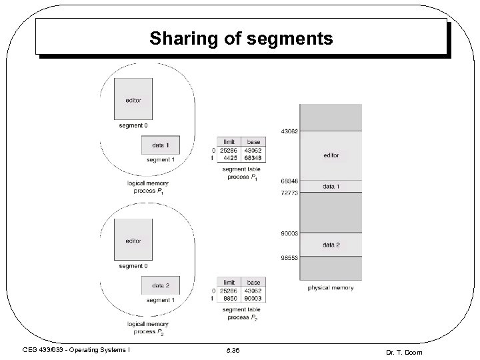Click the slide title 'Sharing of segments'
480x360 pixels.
click(241, 39)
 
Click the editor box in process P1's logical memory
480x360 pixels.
click(133, 100)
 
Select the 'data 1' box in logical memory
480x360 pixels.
click(161, 145)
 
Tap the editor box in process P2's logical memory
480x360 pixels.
click(133, 241)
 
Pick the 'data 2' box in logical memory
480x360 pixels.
click(161, 286)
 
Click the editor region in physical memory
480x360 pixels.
click(331, 155)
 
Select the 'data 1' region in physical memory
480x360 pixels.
click(331, 187)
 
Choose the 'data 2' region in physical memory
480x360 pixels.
click(331, 245)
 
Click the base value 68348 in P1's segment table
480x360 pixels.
click(253, 157)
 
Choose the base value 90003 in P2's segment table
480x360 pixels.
click(253, 298)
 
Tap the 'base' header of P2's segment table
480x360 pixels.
click(253, 283)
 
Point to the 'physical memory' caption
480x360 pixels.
click(330, 288)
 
